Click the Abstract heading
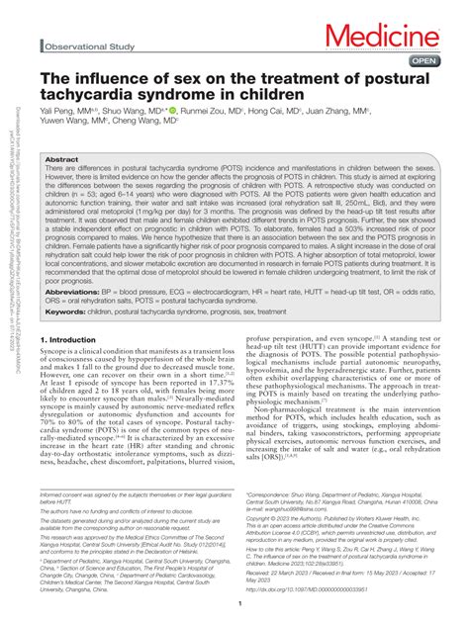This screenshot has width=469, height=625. click(62, 158)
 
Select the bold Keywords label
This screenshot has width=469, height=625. click(62, 311)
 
